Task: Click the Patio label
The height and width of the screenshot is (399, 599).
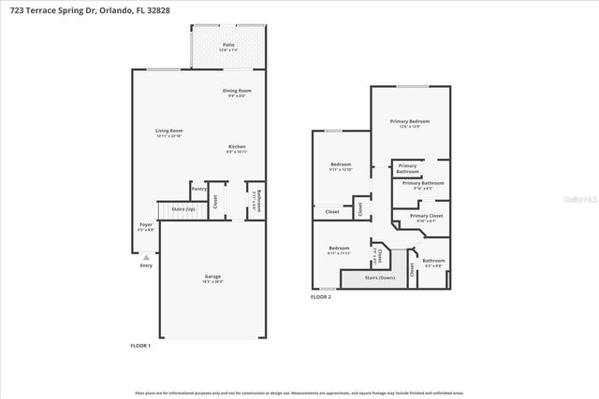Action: pos(228,44)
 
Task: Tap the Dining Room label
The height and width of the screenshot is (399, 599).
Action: pos(237,91)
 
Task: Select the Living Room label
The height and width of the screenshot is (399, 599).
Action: pos(168,131)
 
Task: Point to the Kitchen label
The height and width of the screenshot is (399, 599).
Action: pos(237,147)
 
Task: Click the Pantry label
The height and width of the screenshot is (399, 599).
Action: pos(198,189)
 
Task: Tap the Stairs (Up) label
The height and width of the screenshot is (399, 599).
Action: pos(170,209)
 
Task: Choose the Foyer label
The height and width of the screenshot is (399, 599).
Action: pos(146,224)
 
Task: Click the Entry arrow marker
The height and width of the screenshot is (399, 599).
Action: pos(145,256)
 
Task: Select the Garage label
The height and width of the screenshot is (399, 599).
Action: pos(213,277)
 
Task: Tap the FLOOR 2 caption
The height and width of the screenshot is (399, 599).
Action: pos(321,296)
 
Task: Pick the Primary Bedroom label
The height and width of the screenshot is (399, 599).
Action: pos(410,121)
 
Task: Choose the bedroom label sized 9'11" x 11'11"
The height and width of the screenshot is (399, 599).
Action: pos(339,250)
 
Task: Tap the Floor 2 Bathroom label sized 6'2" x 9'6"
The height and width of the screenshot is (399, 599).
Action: pos(433,261)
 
